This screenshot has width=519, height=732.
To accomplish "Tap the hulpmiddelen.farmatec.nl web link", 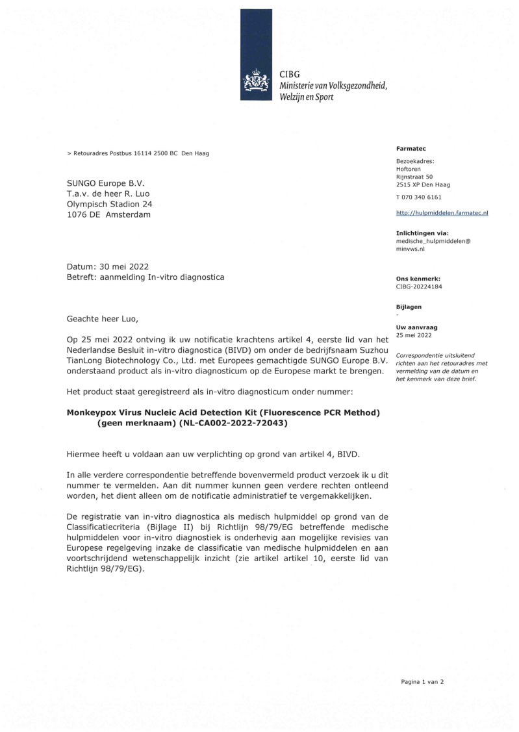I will tap(442, 212).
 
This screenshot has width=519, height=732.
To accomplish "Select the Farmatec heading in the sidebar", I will tap(409, 149).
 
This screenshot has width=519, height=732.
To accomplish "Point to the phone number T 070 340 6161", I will tap(419, 197).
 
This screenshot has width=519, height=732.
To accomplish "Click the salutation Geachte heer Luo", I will tap(103, 319).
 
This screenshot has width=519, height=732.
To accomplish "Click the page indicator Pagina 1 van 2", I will tap(422, 682).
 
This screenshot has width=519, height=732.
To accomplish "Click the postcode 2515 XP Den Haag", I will tap(423, 184).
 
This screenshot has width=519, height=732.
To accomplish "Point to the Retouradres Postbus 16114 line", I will tap(138, 153).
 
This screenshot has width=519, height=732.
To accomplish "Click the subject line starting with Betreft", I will tap(146, 277).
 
